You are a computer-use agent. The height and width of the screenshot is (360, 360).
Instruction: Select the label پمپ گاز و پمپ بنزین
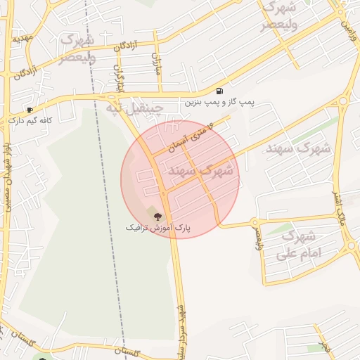point(220,103)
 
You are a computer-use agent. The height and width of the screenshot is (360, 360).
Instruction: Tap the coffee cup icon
point(30,110)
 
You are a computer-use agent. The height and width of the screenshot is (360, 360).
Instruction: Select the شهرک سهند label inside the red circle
point(200,171)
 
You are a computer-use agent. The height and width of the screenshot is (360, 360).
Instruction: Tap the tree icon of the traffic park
point(157,215)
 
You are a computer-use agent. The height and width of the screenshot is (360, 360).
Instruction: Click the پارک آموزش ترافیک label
point(158,228)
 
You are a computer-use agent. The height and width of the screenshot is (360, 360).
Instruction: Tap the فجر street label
point(324,345)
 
